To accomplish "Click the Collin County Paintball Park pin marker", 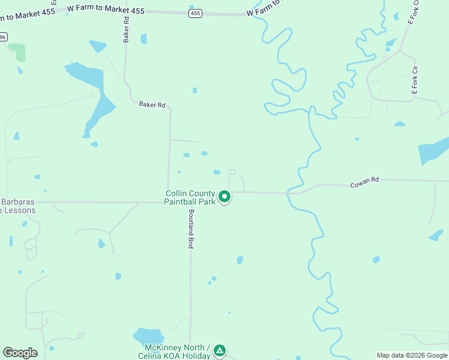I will pos(224,196).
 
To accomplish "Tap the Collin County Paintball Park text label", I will pos(190,197).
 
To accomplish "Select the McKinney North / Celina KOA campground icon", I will pos(220,350).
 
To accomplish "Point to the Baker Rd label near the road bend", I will pos(152,104).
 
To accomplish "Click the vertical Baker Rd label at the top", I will pos(127,29).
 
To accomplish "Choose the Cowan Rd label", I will pos(365,182).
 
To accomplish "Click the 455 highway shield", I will pos(195,13).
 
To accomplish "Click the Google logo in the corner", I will pos(20,353).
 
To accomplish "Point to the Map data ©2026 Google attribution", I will pos(412,355).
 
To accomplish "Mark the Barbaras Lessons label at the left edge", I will pos(18,206).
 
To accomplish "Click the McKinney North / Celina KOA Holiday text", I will pos(177,352).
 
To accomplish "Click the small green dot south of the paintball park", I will pos(229,312).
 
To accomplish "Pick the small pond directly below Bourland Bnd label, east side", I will pos(212,279).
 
